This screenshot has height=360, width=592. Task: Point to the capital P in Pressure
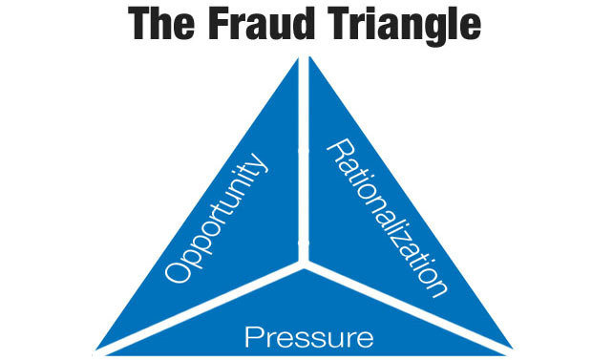252,335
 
